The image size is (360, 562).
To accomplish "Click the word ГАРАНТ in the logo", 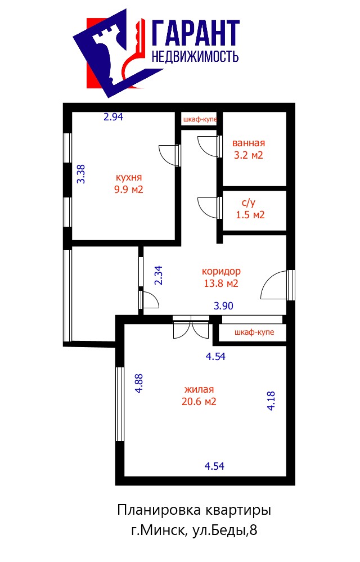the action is (196, 33).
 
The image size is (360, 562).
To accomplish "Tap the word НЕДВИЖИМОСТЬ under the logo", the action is (195, 57).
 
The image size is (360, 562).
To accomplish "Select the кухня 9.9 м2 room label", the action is (129, 183).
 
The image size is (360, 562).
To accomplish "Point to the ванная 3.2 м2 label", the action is (249, 149).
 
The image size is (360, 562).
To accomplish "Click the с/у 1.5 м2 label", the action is (250, 209).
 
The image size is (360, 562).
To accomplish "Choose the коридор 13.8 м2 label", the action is (221, 277).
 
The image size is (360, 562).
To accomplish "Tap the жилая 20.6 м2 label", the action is (199, 395).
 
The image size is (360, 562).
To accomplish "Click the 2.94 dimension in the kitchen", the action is (113, 117).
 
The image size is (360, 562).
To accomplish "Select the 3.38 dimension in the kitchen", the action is (82, 174).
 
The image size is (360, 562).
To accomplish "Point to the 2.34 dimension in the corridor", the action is (158, 275).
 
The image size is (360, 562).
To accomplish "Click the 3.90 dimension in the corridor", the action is (223, 305).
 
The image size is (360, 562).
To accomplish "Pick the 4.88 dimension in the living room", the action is (138, 384).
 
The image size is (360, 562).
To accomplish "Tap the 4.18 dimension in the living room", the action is (271, 401).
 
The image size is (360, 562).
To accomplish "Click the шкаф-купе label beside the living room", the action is (254, 332).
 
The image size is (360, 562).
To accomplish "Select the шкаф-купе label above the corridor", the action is (200, 119).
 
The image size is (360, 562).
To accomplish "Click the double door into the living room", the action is (191, 327).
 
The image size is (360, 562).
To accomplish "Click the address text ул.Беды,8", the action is (225, 530).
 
